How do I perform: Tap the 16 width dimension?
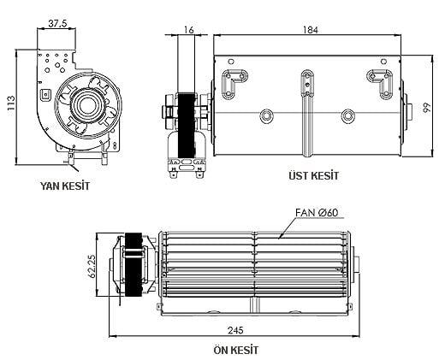click(189, 29)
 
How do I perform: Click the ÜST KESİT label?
click(315, 175)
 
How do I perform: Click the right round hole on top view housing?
click(347, 115)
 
